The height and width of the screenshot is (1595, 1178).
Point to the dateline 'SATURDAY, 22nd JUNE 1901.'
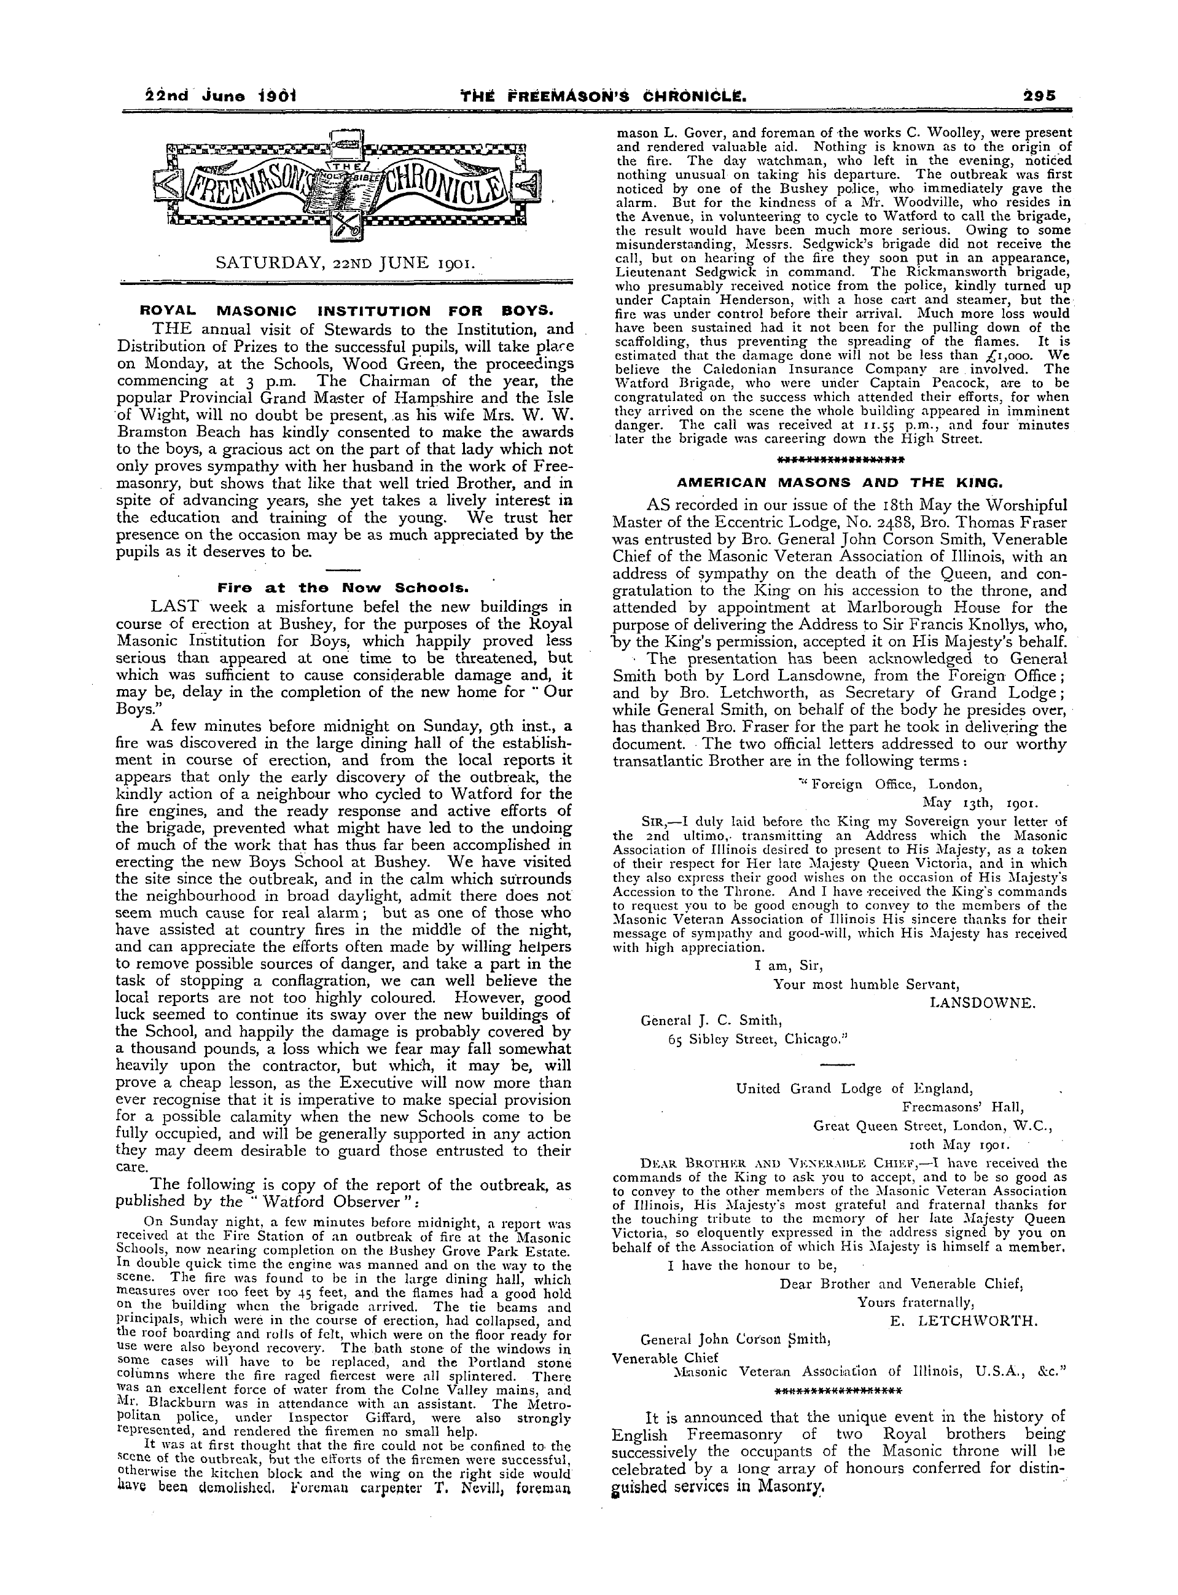344,262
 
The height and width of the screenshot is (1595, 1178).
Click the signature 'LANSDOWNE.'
982,1002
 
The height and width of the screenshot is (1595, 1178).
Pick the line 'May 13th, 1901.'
980,801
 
